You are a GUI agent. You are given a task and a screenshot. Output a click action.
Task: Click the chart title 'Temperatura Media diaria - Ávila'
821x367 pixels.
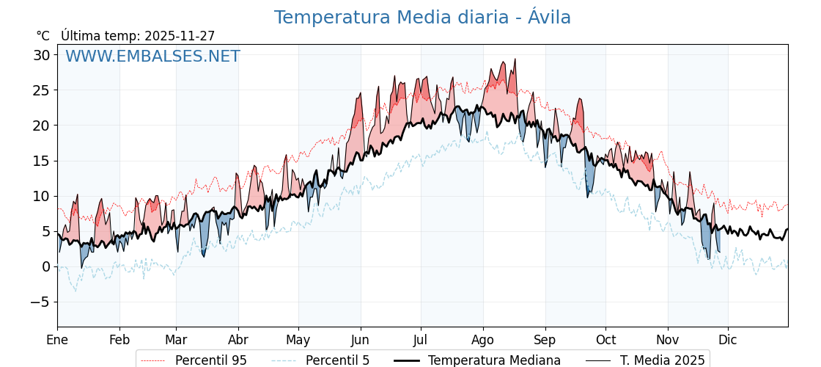[422, 18]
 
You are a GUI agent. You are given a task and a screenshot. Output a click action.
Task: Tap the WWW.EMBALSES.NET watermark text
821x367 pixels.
[152, 57]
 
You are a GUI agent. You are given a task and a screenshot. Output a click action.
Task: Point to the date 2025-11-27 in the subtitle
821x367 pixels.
[180, 36]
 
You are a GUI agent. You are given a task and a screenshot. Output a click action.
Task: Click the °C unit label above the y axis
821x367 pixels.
[43, 36]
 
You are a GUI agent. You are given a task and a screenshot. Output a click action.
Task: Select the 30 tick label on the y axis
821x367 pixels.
[41, 55]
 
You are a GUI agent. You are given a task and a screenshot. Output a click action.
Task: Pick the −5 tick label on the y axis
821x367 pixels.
[38, 302]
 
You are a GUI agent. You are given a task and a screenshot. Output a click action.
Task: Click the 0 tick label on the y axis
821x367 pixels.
[45, 266]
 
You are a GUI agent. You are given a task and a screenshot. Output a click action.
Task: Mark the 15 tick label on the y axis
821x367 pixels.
[41, 161]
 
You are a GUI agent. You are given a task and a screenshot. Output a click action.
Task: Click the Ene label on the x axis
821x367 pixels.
[57, 340]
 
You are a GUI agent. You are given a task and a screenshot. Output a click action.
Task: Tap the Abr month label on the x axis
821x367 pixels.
[238, 340]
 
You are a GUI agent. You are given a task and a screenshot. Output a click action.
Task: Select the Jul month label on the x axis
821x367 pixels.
[421, 340]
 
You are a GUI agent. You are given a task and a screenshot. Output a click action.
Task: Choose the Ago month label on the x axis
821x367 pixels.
[483, 340]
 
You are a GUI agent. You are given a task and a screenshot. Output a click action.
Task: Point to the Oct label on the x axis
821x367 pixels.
[605, 340]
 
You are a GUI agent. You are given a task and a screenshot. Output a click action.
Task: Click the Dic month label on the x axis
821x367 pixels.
[728, 340]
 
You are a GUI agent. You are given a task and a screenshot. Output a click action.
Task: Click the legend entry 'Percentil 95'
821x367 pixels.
[210, 360]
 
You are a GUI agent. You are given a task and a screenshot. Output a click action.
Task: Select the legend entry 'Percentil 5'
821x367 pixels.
[337, 360]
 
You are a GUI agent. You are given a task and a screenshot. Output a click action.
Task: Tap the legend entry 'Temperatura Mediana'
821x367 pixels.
[494, 360]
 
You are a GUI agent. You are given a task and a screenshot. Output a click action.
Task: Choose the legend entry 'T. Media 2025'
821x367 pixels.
[662, 360]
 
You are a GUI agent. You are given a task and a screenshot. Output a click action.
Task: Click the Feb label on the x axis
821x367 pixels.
[119, 340]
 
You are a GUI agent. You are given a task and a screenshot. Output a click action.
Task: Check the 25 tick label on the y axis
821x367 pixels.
[41, 90]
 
